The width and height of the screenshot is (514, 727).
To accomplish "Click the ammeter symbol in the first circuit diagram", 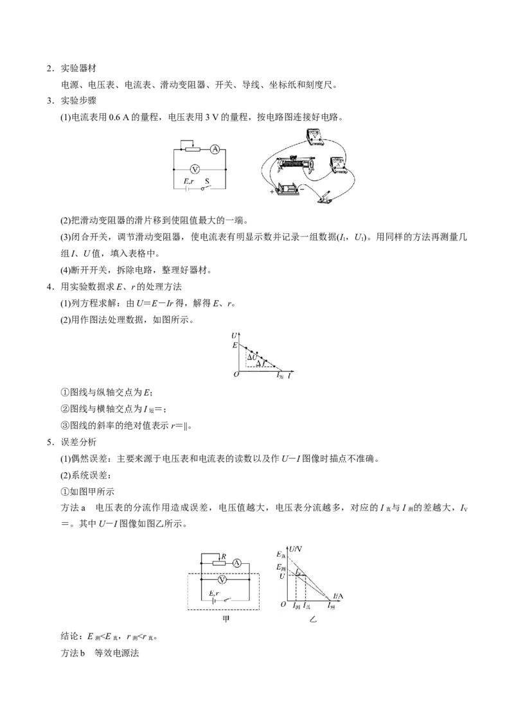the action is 214,149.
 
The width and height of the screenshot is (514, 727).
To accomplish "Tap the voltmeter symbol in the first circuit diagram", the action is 195,169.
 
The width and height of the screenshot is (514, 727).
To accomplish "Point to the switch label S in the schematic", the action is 207,181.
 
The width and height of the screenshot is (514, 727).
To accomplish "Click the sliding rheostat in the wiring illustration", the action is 295,164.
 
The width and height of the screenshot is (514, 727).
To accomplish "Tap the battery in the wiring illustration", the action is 288,191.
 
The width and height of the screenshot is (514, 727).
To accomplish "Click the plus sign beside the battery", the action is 272,191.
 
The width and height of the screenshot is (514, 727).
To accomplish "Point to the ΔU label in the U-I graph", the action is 252,357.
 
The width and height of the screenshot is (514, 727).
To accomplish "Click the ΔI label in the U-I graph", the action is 260,364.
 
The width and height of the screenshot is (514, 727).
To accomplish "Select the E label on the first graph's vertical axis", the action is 235,346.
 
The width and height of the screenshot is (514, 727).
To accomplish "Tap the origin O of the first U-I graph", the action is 236,374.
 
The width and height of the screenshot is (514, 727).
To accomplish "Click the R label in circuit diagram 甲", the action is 224,556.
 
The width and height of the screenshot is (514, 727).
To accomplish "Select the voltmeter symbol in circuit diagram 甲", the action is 222,580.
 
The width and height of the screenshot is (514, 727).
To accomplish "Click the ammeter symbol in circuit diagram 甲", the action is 236,563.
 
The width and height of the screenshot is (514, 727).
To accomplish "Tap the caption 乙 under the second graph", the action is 313,620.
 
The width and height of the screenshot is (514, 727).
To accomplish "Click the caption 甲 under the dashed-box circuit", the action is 226,619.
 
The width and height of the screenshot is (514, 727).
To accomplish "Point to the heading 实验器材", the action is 78,68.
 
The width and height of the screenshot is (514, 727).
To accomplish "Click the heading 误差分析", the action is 78,442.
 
